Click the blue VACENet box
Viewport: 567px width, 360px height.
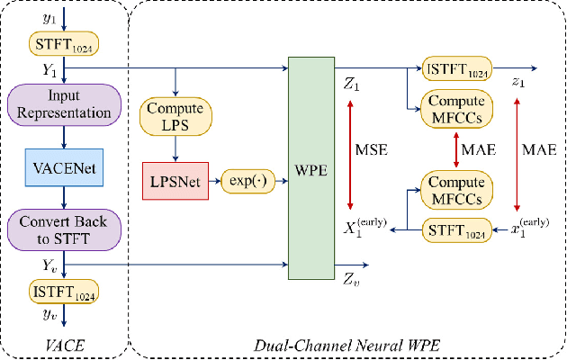62,168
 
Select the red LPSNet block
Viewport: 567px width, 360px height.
175,181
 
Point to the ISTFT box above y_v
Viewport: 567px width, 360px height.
62,292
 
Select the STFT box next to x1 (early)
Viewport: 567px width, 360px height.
456,230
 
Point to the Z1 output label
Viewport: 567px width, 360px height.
351,85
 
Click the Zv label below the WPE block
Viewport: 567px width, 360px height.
351,280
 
